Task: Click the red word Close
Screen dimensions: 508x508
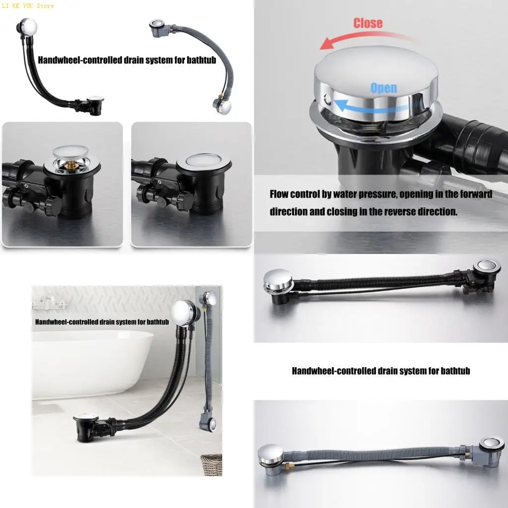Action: (x=368, y=23)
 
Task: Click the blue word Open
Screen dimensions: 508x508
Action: (x=383, y=88)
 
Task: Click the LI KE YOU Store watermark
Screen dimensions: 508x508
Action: (x=28, y=6)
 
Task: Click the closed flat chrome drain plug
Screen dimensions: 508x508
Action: (x=201, y=160)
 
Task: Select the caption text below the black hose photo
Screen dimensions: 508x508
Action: (x=381, y=371)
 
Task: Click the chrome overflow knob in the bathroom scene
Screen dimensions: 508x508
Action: (x=182, y=313)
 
